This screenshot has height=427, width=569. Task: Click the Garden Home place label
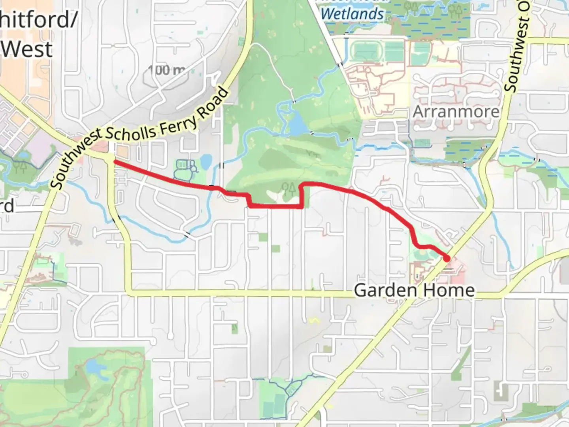(414, 290)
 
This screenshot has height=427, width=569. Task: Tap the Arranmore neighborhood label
(456, 112)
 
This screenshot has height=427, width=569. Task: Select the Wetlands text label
(352, 14)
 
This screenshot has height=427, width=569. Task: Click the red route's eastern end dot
(447, 259)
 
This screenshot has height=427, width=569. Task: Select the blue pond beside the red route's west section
(206, 161)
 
